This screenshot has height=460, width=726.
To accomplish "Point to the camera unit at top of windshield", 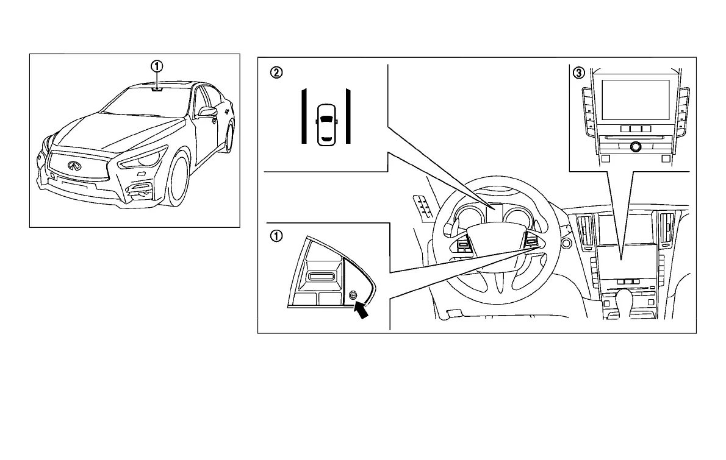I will click(x=158, y=88).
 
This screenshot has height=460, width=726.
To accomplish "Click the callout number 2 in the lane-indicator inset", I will click(x=276, y=73).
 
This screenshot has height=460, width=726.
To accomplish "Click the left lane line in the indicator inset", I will click(x=304, y=116).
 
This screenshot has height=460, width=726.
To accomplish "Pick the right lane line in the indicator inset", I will click(x=348, y=116).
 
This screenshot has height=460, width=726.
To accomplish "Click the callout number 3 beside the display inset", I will click(x=579, y=73).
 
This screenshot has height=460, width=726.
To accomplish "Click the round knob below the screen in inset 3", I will click(x=636, y=146).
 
